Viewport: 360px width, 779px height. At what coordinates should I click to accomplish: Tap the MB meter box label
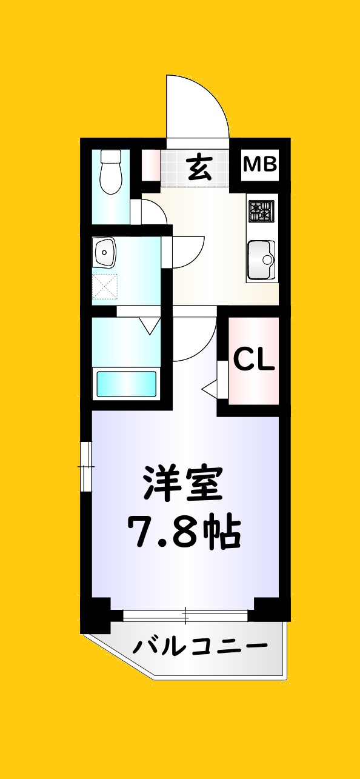[x=261, y=164]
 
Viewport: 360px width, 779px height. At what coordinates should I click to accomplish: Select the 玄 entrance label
[x=199, y=168]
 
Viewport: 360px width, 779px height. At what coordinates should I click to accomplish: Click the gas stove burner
[x=261, y=210]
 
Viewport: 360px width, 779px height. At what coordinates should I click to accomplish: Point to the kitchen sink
[x=261, y=259]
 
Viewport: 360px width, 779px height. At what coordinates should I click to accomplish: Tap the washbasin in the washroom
[x=105, y=252]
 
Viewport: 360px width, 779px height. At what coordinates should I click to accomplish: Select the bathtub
[x=127, y=383]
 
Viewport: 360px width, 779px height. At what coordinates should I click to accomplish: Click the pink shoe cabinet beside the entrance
[x=150, y=163]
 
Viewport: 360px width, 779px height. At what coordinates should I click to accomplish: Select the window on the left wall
[x=87, y=466]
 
